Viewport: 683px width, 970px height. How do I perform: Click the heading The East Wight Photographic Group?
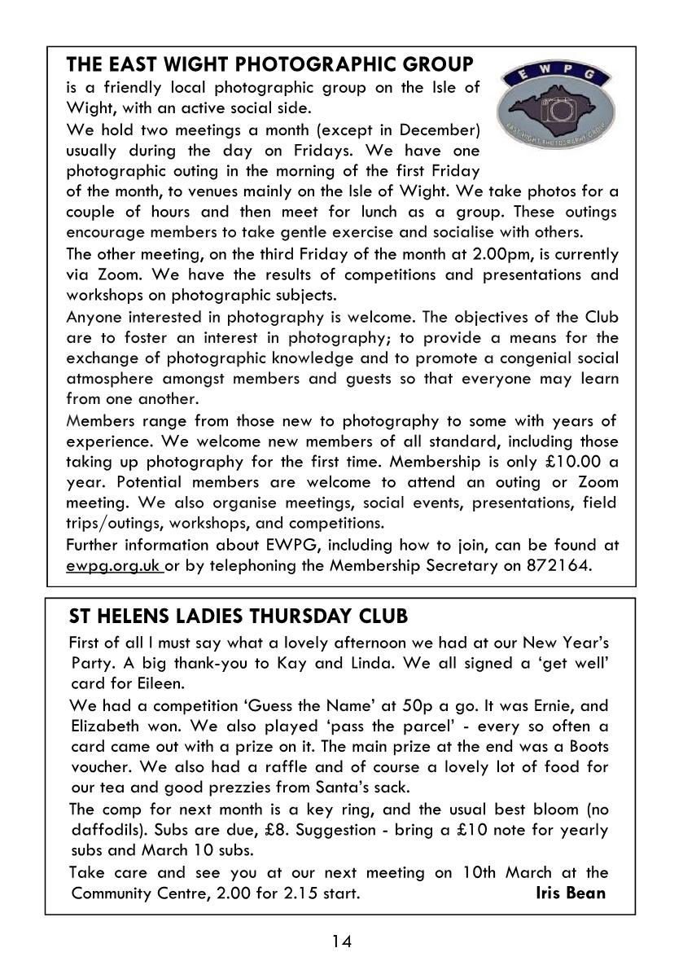[269, 64]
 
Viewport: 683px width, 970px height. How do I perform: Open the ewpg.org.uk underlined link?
[114, 567]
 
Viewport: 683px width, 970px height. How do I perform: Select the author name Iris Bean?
[570, 893]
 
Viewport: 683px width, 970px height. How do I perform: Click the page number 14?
[341, 941]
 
